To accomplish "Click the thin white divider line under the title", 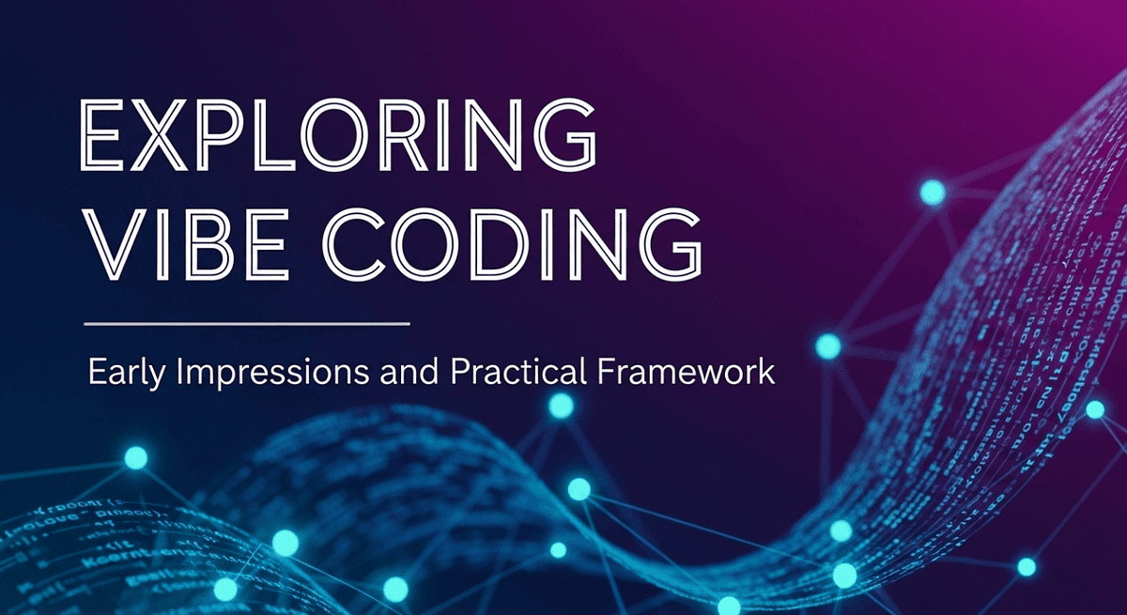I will pos(247,324).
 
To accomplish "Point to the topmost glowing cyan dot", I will pos(932,193).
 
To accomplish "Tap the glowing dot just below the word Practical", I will pos(561,406).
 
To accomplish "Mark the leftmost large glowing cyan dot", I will pos(136,458).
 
